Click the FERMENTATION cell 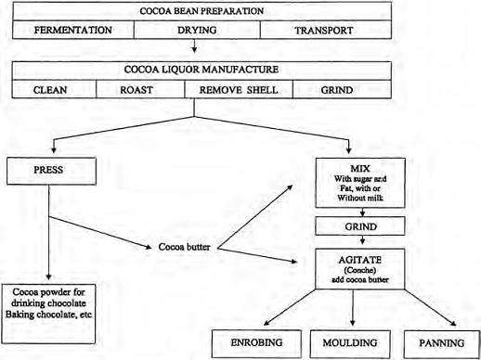(x=73, y=31)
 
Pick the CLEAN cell (x=52, y=91)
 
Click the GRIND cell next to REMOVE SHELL (x=336, y=91)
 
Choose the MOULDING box (x=350, y=342)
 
